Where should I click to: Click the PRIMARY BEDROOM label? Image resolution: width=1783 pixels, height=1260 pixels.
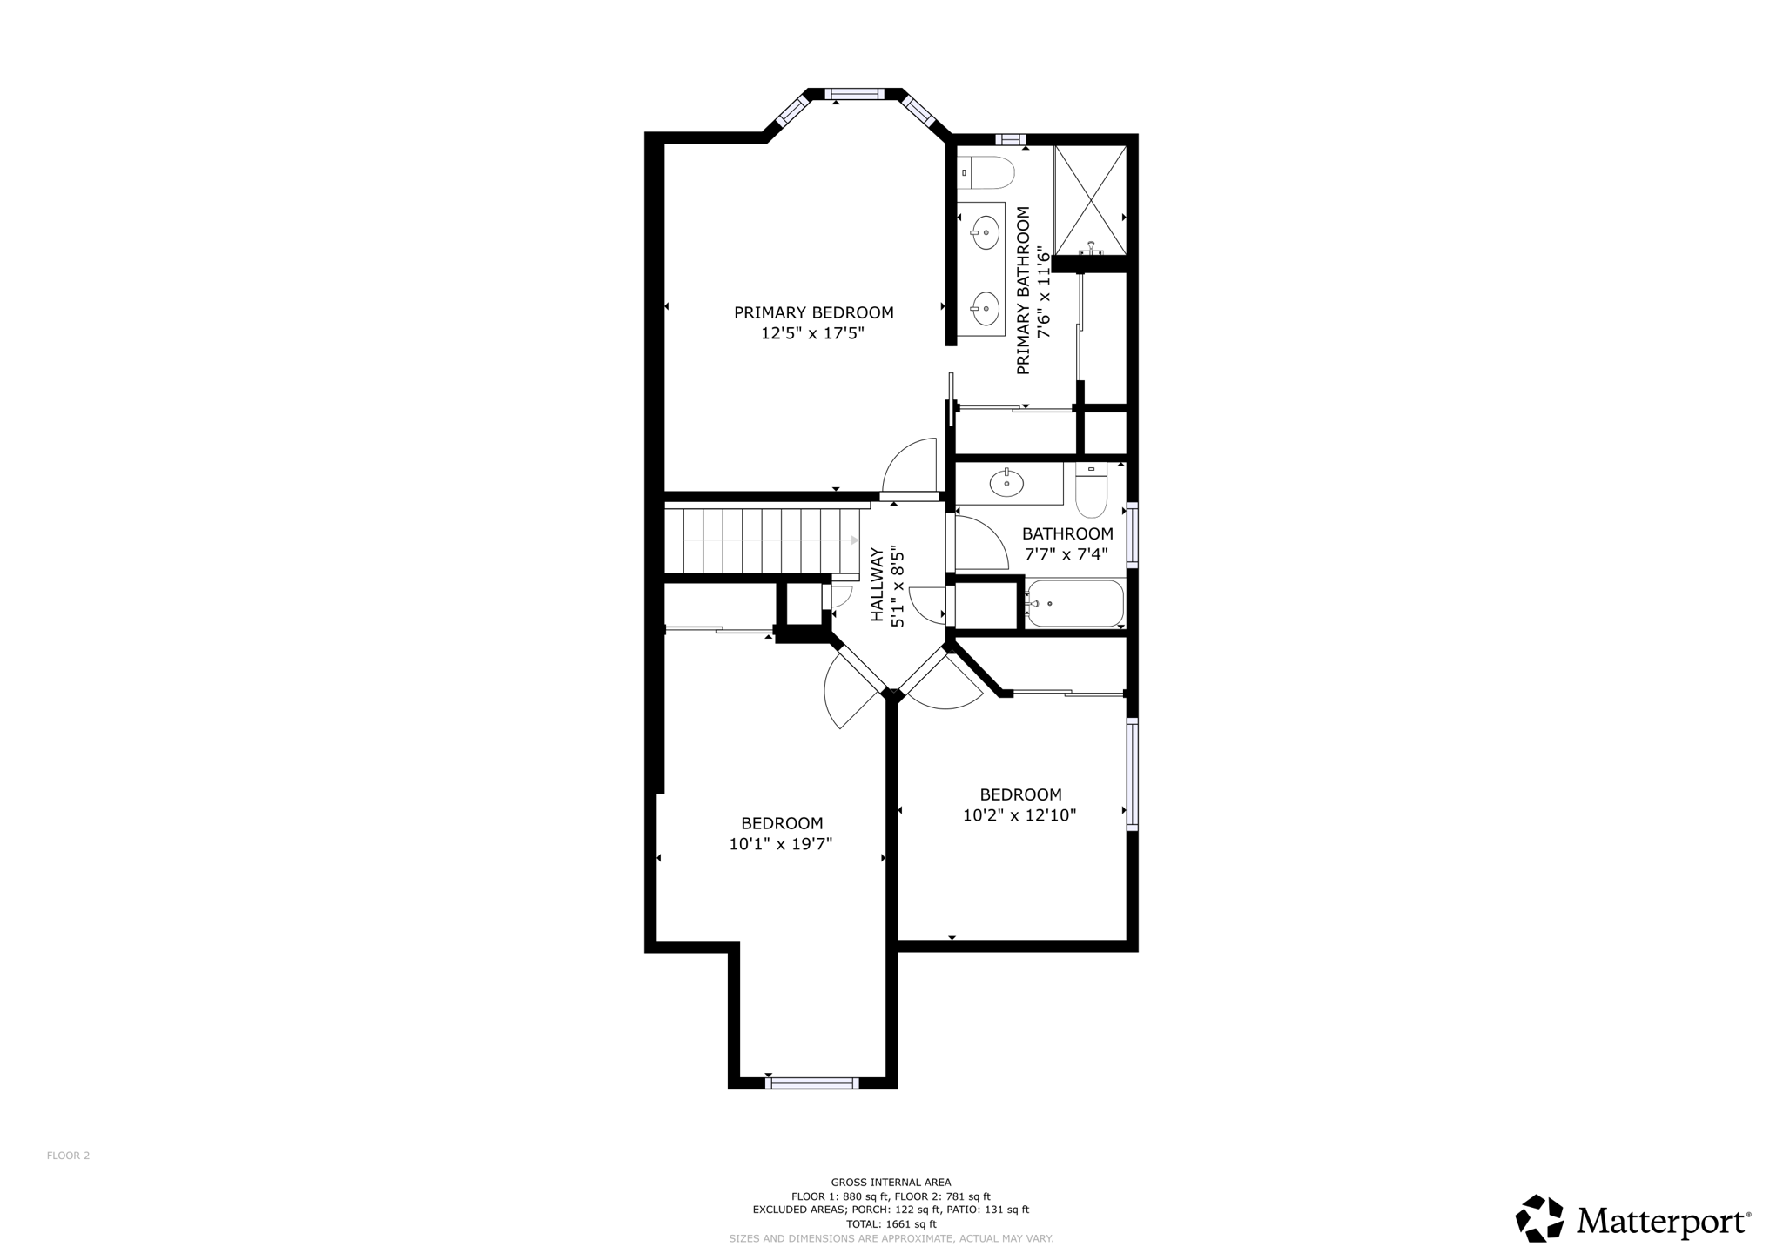pyautogui.click(x=813, y=312)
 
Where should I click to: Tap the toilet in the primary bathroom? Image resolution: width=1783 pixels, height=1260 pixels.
pyautogui.click(x=991, y=173)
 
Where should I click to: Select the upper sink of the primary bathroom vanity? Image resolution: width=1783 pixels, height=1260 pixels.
pyautogui.click(x=986, y=232)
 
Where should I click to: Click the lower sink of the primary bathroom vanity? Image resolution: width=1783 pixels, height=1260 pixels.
pyautogui.click(x=986, y=306)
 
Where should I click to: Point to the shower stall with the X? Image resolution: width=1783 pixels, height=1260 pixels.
pyautogui.click(x=1090, y=200)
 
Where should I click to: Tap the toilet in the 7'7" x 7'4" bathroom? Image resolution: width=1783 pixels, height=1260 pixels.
pyautogui.click(x=1091, y=493)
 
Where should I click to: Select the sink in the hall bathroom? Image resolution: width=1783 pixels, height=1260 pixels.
pyautogui.click(x=1007, y=484)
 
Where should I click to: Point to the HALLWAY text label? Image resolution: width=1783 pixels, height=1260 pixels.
pyautogui.click(x=878, y=584)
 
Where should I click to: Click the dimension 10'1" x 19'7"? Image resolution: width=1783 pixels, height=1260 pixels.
pyautogui.click(x=781, y=843)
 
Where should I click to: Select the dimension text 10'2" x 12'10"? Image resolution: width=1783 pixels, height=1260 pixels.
pyautogui.click(x=1019, y=815)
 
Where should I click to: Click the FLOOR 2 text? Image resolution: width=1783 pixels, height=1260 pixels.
pyautogui.click(x=68, y=1156)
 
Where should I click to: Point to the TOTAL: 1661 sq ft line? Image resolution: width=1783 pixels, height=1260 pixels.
pyautogui.click(x=891, y=1223)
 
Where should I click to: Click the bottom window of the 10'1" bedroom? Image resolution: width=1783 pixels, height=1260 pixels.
pyautogui.click(x=812, y=1082)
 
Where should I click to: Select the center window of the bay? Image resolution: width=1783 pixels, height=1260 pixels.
pyautogui.click(x=854, y=94)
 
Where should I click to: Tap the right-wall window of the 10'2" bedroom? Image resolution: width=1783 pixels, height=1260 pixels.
pyautogui.click(x=1132, y=774)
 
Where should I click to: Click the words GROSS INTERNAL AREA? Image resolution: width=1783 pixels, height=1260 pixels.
pyautogui.click(x=891, y=1182)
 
